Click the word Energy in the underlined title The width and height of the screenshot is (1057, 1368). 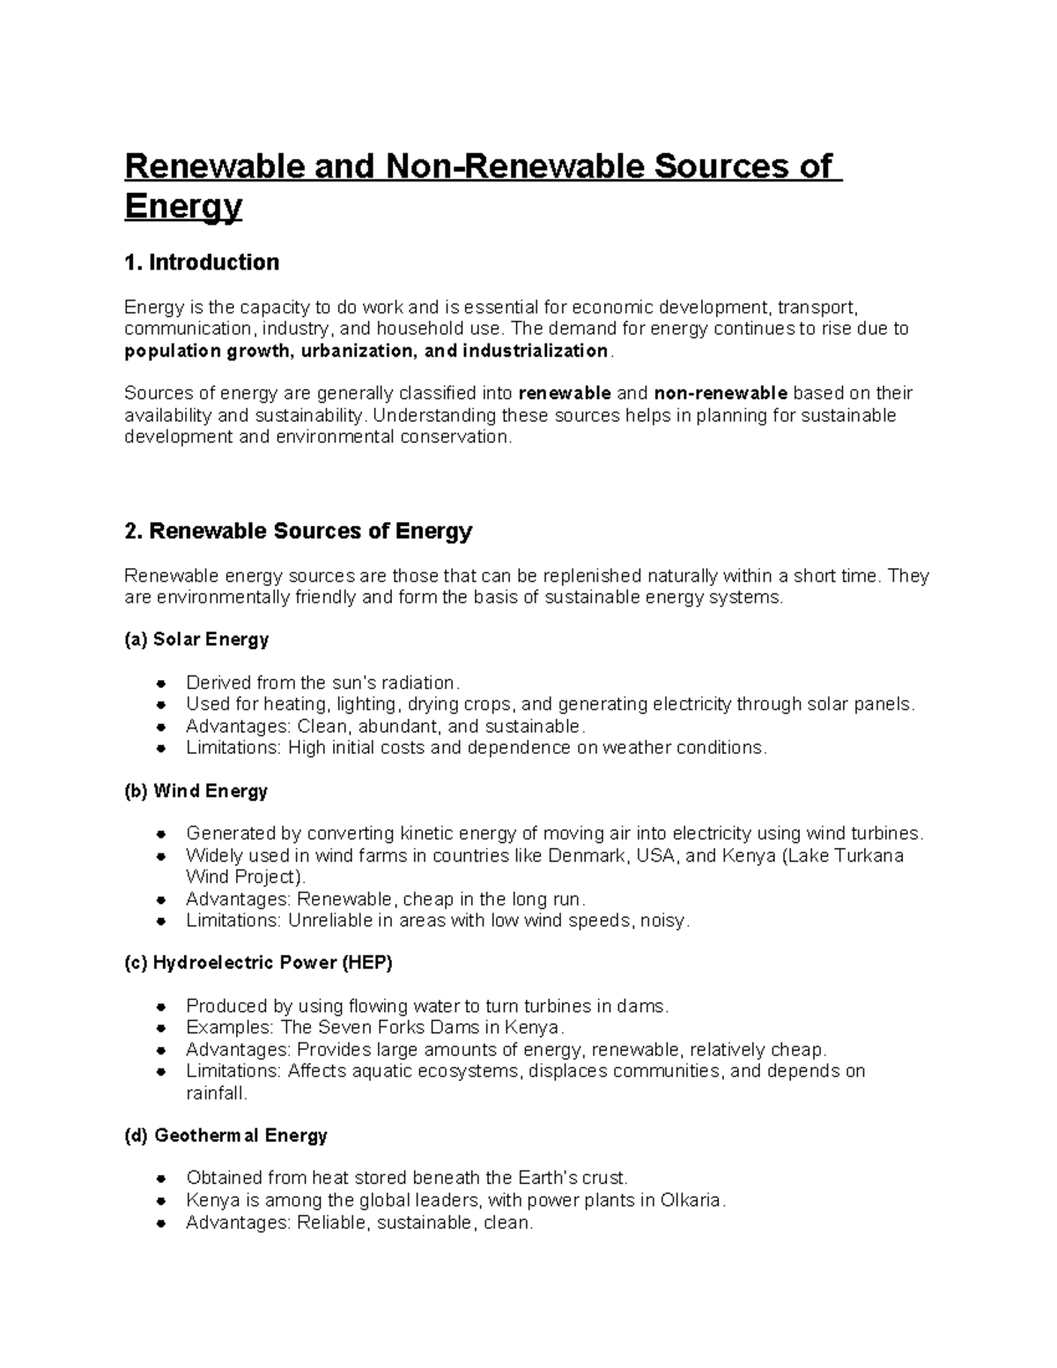182,207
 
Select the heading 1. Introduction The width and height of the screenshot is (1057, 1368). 202,263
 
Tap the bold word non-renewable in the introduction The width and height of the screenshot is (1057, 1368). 721,393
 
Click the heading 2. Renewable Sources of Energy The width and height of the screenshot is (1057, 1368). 299,531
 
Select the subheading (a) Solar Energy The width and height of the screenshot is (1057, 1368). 196,640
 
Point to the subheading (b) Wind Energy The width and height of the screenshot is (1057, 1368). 196,791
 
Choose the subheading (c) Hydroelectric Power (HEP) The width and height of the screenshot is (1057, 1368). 258,963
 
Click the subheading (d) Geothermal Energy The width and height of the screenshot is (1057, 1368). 225,1135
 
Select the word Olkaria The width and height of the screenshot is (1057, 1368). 691,1200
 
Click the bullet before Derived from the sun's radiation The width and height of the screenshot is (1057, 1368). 160,684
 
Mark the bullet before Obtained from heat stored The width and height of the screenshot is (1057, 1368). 160,1179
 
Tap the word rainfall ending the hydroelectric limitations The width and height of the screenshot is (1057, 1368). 216,1093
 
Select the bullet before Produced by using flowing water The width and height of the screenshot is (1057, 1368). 160,1007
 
